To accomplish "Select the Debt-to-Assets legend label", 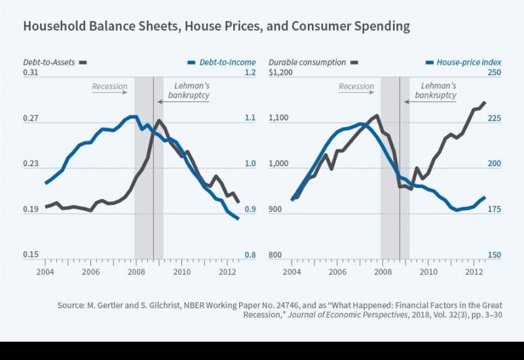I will click(x=47, y=62).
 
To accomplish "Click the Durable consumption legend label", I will click(x=307, y=62).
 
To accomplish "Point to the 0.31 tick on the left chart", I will click(x=31, y=73).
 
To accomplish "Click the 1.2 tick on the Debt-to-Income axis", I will click(x=250, y=73).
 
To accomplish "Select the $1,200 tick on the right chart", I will click(x=280, y=73).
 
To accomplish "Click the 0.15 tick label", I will click(x=31, y=255).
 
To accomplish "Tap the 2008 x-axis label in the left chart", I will click(x=136, y=272).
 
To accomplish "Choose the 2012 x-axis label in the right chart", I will click(x=474, y=272).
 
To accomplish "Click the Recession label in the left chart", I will click(x=109, y=86).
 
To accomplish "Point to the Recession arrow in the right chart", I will click(x=356, y=92).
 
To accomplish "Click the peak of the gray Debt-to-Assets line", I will click(x=158, y=120).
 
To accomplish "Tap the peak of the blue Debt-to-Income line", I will click(x=134, y=117).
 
